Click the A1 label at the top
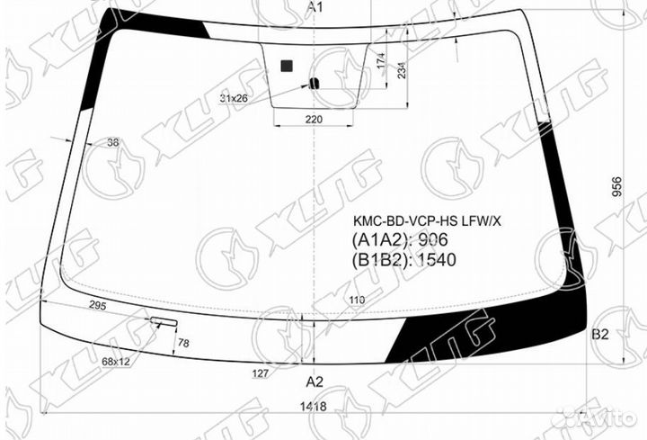(315, 7)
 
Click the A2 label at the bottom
(315, 381)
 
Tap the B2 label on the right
(600, 334)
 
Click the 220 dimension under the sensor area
(313, 119)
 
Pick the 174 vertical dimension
(381, 64)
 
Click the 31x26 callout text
(234, 97)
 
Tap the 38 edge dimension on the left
(113, 142)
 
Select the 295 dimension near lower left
(98, 307)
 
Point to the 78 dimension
(183, 343)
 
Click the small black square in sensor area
(287, 65)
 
